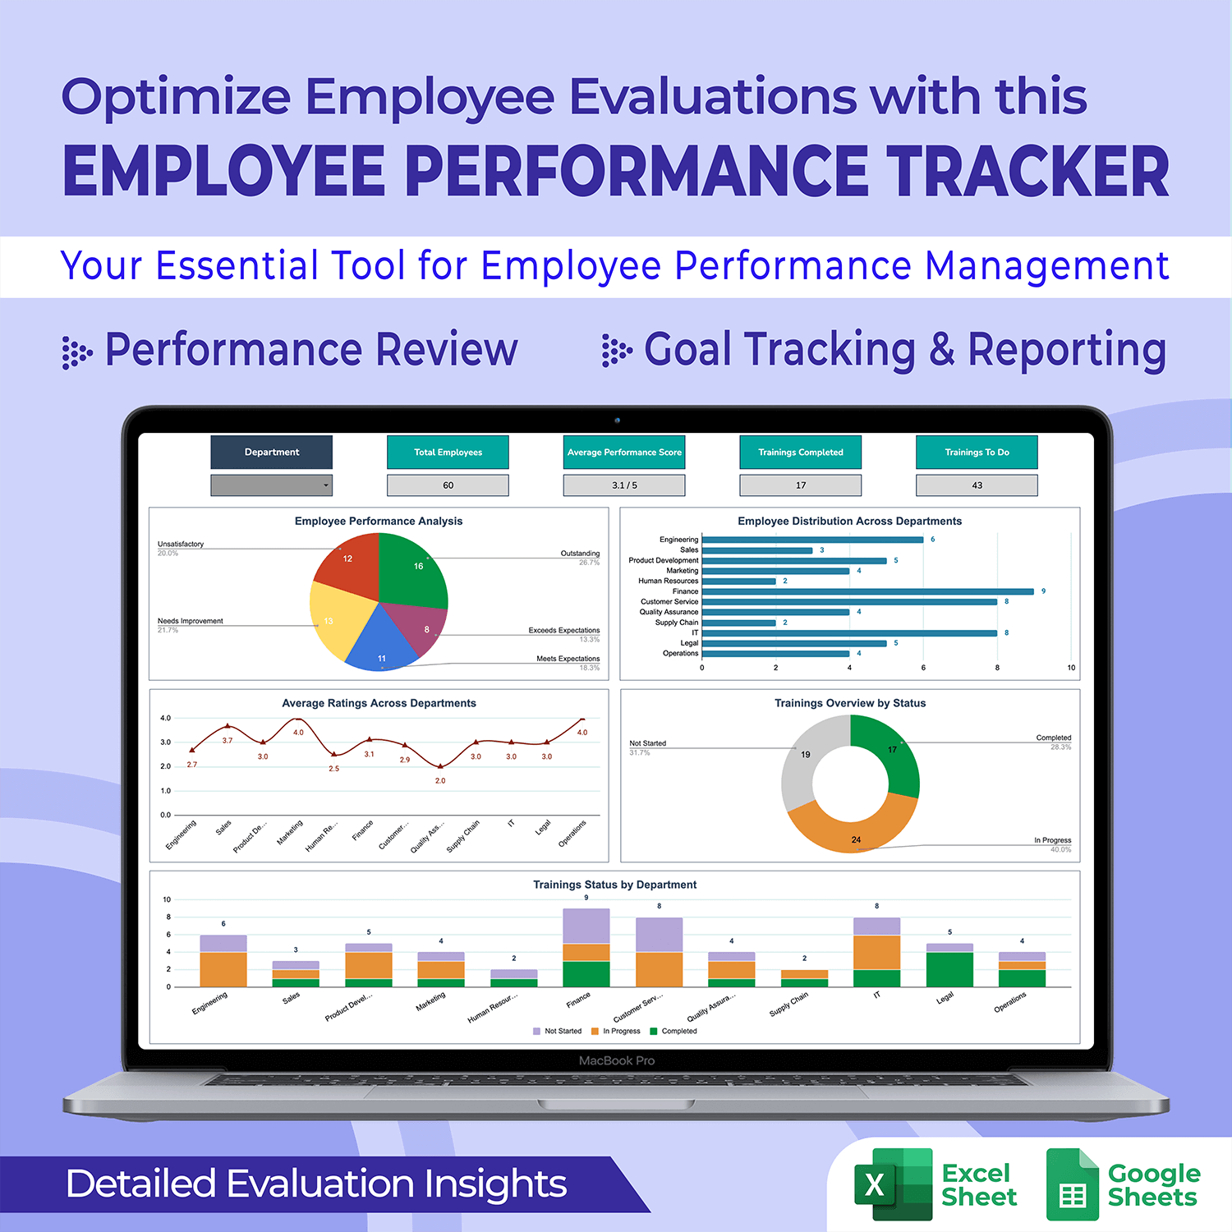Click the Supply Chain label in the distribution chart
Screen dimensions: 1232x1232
coord(676,623)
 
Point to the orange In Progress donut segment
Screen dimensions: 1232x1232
coord(854,825)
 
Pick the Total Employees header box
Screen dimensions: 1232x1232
coord(448,452)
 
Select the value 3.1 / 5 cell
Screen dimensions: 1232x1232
coord(624,485)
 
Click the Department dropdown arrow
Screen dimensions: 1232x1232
coord(326,485)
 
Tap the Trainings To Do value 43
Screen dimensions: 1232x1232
coord(977,485)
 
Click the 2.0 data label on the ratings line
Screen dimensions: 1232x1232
coord(440,780)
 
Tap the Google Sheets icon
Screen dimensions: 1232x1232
coord(1072,1184)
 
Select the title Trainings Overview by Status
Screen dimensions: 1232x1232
coord(850,703)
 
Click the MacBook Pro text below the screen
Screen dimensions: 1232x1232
coord(617,1060)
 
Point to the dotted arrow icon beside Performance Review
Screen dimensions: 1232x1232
coord(77,352)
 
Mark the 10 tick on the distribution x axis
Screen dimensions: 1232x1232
coord(1071,668)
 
